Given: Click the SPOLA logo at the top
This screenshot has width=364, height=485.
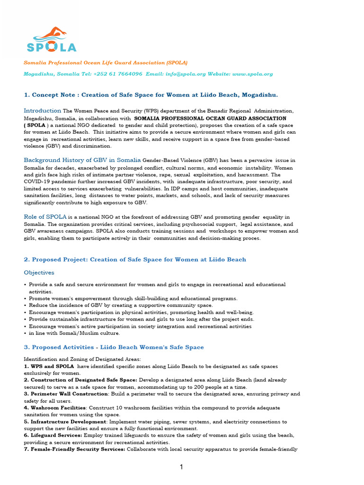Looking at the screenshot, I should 51,41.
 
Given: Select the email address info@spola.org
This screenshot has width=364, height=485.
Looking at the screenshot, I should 184,74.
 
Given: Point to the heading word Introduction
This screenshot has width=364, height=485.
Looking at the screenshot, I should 43,111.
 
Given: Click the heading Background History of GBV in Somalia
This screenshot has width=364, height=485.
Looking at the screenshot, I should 82,160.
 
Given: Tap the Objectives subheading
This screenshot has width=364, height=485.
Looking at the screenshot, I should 39,273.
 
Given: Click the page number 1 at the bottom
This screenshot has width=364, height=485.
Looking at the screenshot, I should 181,467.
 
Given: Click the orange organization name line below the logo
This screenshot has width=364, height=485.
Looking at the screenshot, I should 106,63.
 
